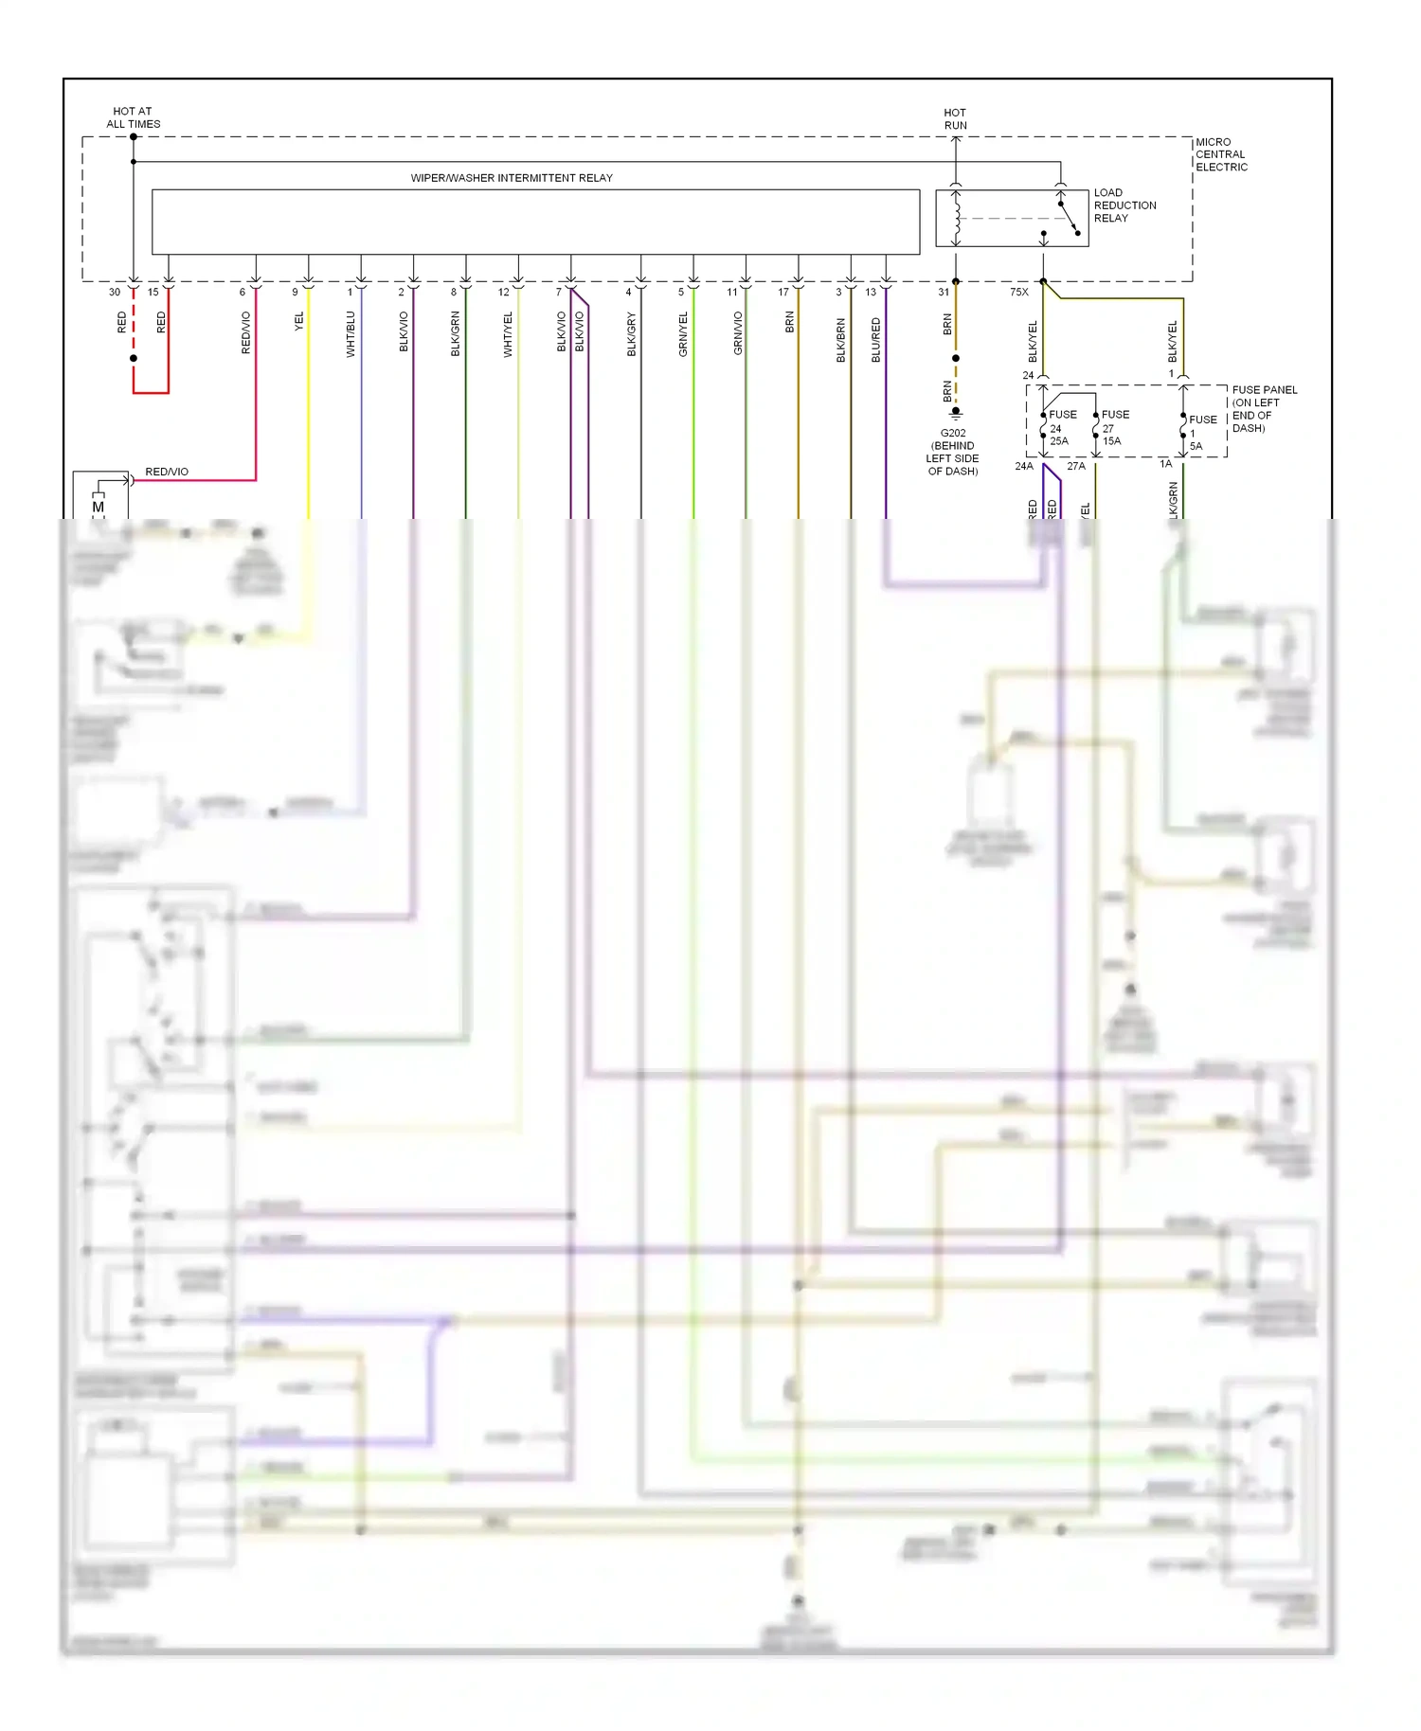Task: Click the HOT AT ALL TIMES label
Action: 133,117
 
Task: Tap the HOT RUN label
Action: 955,118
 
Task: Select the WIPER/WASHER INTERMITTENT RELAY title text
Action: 512,178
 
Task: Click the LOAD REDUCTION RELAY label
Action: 1124,205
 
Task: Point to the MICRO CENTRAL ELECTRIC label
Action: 1220,154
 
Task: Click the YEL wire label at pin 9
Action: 299,321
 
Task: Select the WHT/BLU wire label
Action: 351,334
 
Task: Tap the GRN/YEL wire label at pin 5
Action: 683,334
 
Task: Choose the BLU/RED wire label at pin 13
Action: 875,340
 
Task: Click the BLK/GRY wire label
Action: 631,334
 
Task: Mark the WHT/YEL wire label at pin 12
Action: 508,334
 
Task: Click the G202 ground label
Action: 953,452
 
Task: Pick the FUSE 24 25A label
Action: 1061,428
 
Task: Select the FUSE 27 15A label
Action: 1113,428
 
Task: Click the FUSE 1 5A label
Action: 1201,433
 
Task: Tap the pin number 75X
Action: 1018,293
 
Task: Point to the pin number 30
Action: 115,293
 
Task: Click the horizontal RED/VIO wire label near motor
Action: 167,472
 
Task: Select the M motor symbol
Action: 98,508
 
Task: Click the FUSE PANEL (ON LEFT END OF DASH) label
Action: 1263,409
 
